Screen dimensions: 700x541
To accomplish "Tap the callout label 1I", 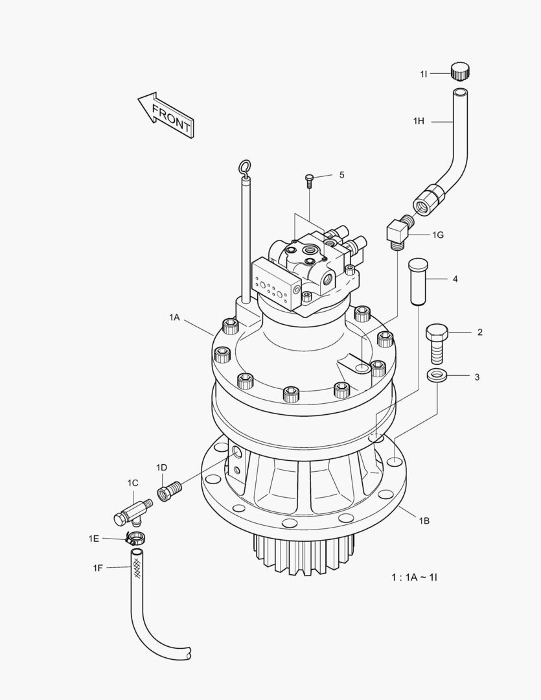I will (x=424, y=75).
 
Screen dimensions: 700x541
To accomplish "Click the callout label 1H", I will (x=419, y=121).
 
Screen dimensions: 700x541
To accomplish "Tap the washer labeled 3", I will (x=437, y=376).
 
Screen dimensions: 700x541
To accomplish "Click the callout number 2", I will (x=479, y=332).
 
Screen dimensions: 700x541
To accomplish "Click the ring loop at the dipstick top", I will (x=245, y=169).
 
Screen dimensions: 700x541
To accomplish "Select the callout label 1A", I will (x=174, y=317).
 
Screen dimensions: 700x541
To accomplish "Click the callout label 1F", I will (x=98, y=568).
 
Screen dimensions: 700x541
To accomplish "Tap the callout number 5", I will (x=341, y=175).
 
